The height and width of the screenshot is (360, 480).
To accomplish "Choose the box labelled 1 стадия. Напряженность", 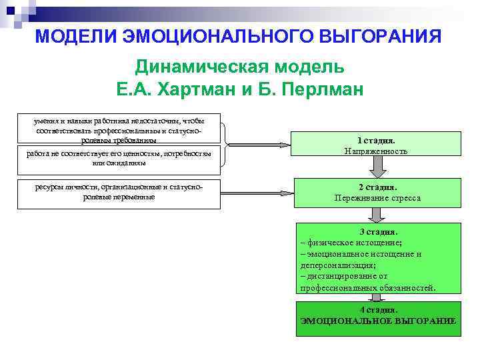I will coord(376,146).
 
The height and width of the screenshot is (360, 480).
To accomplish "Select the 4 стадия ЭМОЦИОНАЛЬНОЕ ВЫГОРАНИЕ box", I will coord(378,315).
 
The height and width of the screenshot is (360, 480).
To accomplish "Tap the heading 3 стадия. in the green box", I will coord(378,232).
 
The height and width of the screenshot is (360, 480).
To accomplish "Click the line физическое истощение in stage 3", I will coord(353,243).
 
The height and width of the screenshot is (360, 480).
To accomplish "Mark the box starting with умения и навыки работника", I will coord(120,130).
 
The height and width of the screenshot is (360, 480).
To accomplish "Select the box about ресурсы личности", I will coord(119,193).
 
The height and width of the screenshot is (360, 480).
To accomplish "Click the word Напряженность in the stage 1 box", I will coord(376,151).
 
